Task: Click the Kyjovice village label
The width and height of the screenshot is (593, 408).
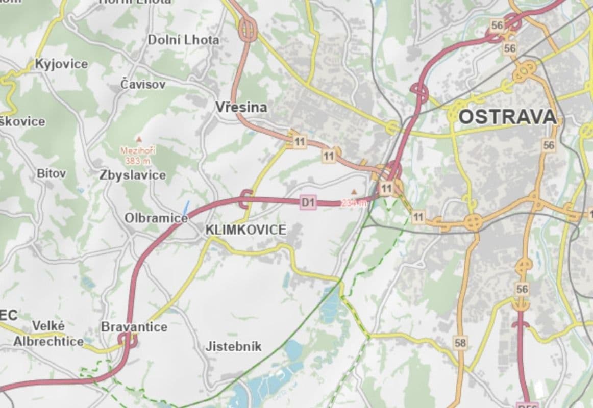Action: click(x=61, y=64)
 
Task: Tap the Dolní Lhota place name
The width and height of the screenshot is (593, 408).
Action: click(x=183, y=40)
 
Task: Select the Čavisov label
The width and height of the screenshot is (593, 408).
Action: click(x=143, y=84)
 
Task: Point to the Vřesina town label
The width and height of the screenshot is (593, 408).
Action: click(x=241, y=107)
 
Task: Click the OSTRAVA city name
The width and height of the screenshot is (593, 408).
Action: click(x=507, y=117)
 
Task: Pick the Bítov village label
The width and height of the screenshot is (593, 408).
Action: click(x=51, y=173)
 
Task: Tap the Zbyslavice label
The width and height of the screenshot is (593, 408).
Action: click(x=133, y=175)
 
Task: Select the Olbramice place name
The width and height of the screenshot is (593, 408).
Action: click(x=156, y=218)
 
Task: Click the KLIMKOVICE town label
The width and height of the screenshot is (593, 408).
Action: click(x=245, y=230)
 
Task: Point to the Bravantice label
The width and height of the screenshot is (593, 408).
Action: click(x=134, y=327)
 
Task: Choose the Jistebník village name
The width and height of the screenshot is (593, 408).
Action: click(x=233, y=347)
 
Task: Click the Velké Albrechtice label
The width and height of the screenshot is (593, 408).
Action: click(x=48, y=334)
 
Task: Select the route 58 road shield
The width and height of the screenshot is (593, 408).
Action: click(x=460, y=343)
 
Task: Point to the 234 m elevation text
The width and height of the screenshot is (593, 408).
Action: click(x=354, y=203)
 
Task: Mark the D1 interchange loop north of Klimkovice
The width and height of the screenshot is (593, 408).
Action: click(x=245, y=199)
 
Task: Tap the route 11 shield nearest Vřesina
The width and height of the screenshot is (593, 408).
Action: click(x=300, y=142)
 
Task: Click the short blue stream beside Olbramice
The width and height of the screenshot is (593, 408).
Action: click(x=186, y=208)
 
